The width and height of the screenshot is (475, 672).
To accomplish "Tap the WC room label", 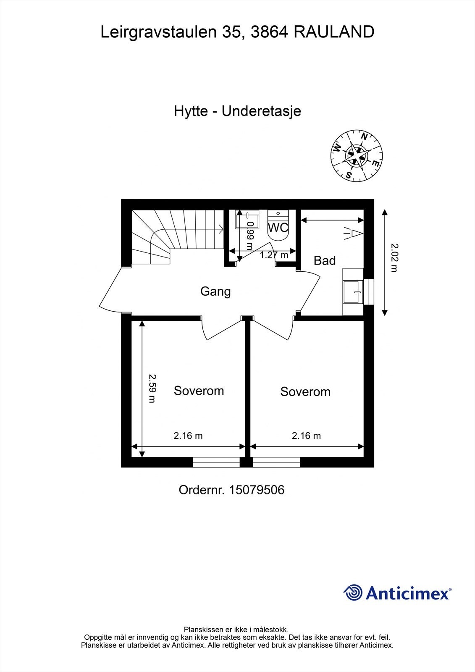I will [278, 228].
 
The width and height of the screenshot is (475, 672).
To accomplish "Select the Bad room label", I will [325, 261].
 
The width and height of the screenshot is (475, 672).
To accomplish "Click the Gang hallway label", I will [215, 291].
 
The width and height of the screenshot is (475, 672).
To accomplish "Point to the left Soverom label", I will [199, 391].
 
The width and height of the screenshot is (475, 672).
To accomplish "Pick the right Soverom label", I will [305, 392].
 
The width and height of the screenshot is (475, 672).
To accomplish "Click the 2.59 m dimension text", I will [152, 388].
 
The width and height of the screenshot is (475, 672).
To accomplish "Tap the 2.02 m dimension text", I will [394, 257].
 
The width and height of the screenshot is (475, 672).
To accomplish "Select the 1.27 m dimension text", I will [274, 255].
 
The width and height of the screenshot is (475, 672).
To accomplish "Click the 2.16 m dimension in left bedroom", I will [188, 436].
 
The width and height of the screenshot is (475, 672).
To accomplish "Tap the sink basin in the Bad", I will [352, 291].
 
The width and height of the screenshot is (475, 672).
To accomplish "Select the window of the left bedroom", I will [216, 462].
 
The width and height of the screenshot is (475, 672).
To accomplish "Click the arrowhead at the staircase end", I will [221, 229].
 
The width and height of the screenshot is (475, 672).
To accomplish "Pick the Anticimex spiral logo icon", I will [353, 593].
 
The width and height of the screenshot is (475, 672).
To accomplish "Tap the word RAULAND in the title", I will [334, 32].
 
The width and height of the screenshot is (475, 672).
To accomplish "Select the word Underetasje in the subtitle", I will [261, 111].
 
